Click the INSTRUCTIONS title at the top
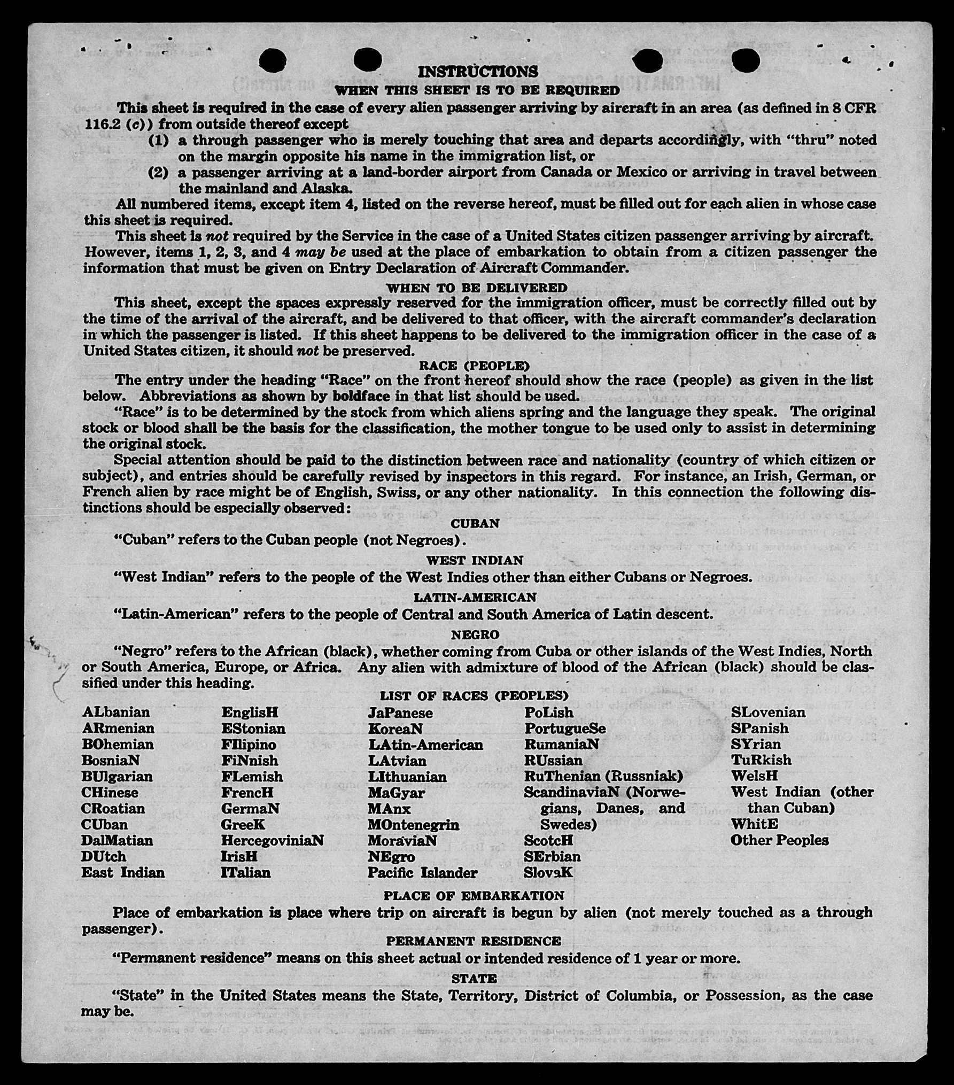click(477, 72)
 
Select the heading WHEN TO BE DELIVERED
click(476, 288)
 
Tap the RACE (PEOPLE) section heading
click(474, 366)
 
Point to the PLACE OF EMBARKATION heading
click(474, 895)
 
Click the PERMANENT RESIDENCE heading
click(474, 941)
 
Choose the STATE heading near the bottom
click(474, 978)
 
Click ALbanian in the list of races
click(116, 712)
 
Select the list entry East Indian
click(123, 872)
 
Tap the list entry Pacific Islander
click(422, 873)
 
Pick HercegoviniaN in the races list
click(272, 840)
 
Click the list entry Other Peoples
click(779, 840)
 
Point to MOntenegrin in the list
click(413, 824)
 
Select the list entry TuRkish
click(761, 759)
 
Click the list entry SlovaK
click(548, 872)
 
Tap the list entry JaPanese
click(400, 712)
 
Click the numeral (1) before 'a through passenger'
click(158, 140)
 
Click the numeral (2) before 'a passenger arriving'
click(158, 173)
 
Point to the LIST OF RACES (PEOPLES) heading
click(474, 695)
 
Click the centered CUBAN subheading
click(475, 523)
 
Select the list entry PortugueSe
click(565, 728)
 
